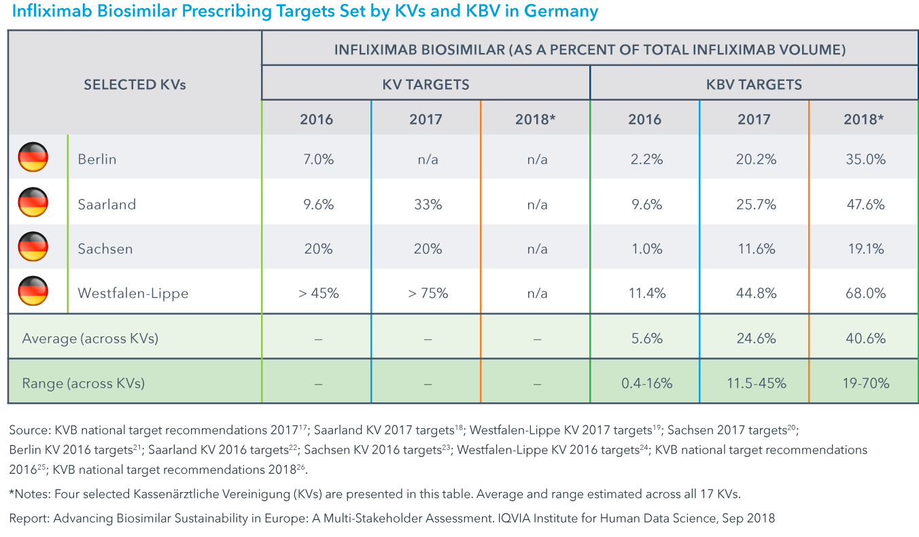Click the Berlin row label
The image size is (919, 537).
97,159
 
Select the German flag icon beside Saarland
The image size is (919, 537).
33,203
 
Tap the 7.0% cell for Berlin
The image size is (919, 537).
317,159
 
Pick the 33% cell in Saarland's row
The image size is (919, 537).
426,204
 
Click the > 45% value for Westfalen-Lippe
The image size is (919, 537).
317,294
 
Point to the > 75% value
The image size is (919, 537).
426,294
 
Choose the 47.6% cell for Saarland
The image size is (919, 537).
864,204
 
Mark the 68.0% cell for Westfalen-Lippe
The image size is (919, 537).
864,294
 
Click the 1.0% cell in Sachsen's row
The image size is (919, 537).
644,249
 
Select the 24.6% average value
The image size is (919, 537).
754,338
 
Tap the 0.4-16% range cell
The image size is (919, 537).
644,383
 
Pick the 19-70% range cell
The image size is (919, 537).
864,383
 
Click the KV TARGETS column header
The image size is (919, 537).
426,85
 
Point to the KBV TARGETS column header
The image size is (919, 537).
754,85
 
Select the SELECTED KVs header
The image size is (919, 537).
135,85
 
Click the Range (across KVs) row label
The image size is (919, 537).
84,383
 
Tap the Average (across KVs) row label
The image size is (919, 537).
90,338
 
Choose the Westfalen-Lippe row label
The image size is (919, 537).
133,294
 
